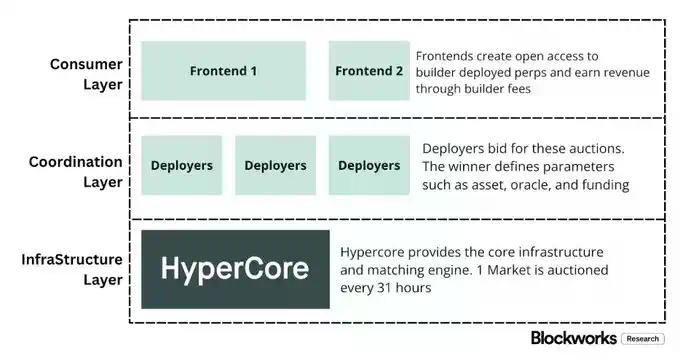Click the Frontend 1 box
click(223, 71)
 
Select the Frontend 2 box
click(369, 71)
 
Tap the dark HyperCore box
click(235, 269)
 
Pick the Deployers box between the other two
click(275, 165)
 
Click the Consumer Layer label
click(86, 74)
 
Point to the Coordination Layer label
click(76, 171)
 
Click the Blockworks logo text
click(574, 338)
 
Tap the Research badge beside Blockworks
click(642, 339)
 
